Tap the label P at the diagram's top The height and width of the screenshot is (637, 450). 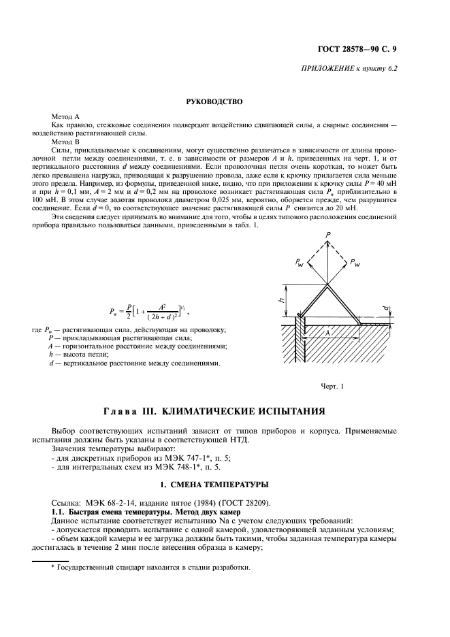327,233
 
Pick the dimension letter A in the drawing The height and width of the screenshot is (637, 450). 327,333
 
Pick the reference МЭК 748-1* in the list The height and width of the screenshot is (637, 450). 188,470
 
